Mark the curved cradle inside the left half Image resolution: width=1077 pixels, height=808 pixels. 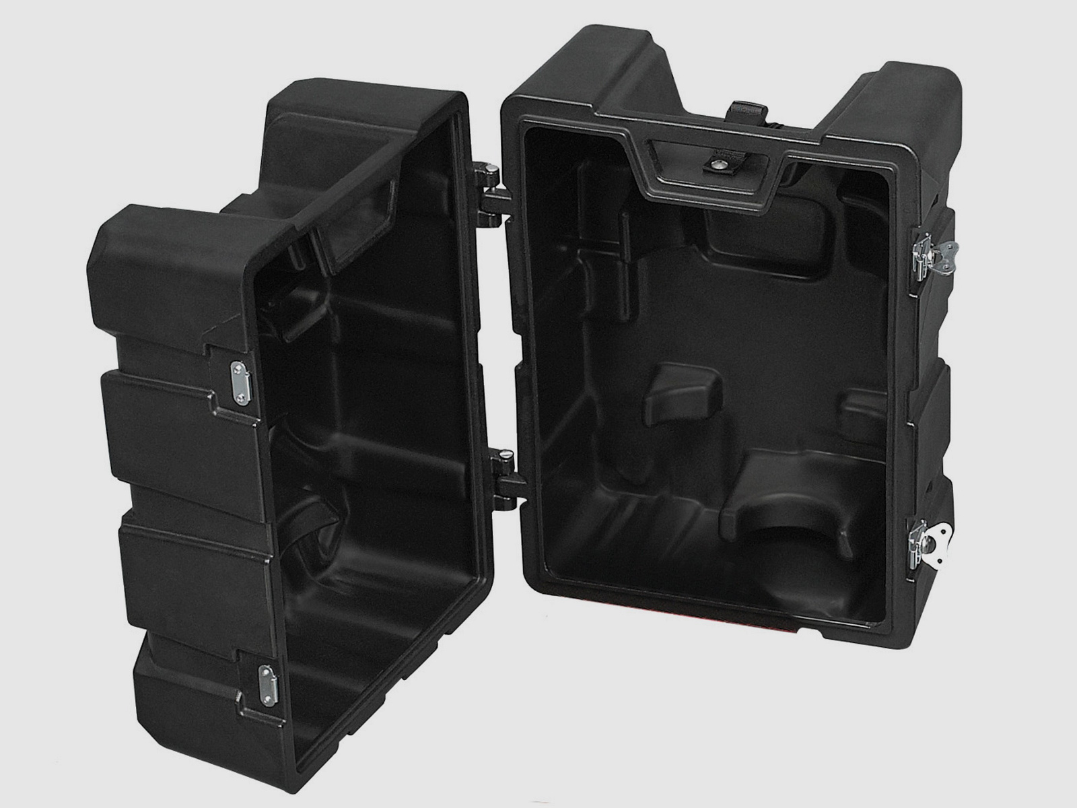coord(313,518)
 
